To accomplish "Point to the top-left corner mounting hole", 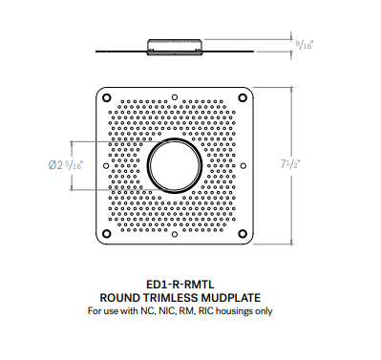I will pyautogui.click(x=106, y=97).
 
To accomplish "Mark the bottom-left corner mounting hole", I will pyautogui.click(x=106, y=232).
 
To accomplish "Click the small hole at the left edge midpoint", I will pyautogui.click(x=101, y=164).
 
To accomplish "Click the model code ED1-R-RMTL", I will pyautogui.click(x=174, y=284).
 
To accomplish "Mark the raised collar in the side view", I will pyautogui.click(x=174, y=42).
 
